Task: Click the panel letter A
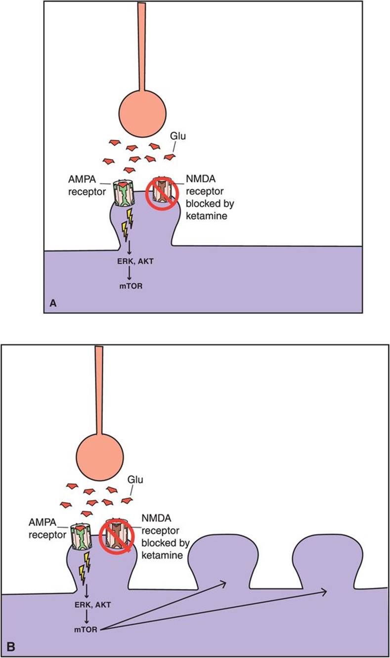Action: pos(53,304)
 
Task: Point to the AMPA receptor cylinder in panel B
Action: pos(82,537)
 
